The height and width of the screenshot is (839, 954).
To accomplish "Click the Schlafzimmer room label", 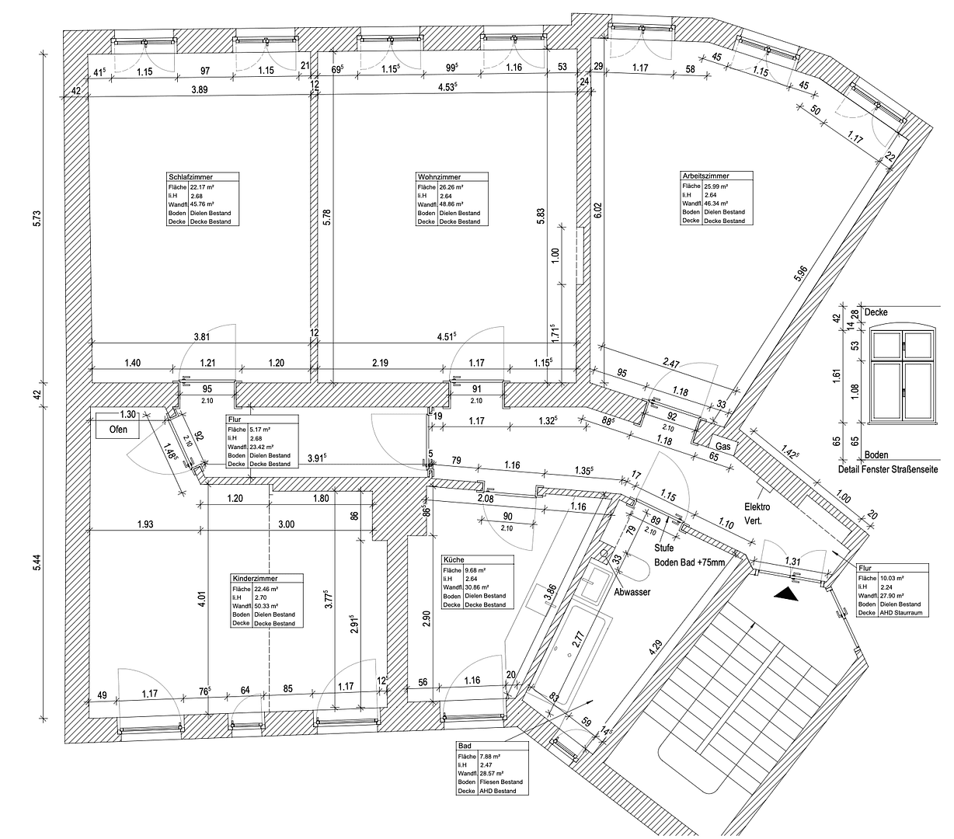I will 190,177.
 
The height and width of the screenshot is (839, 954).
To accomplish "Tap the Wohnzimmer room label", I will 439,177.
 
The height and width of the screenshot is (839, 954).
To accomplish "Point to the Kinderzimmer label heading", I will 256,579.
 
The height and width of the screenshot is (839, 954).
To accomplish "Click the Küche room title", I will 454,559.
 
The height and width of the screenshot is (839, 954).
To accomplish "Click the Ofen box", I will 118,429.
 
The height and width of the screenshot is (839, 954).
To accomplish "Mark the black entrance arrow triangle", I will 786,594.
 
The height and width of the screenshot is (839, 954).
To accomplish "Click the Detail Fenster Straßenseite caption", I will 889,469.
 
